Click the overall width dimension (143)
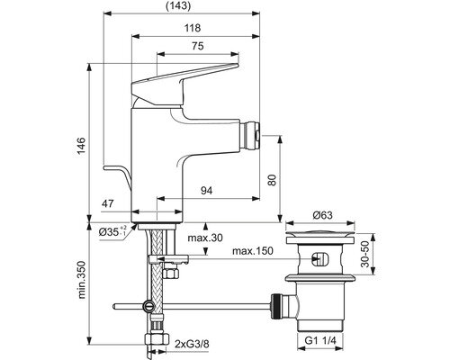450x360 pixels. coord(178,6)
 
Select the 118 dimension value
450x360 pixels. coord(193,28)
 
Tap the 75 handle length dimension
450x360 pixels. coord(198,46)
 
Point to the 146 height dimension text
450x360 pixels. coord(80,146)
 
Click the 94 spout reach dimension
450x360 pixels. coord(206,190)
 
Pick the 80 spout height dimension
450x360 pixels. coord(272,180)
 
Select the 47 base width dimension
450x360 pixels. coord(108,203)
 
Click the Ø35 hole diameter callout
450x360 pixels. coord(113,231)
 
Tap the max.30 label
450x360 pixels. coord(205,238)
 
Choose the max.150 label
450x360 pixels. coord(253,251)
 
